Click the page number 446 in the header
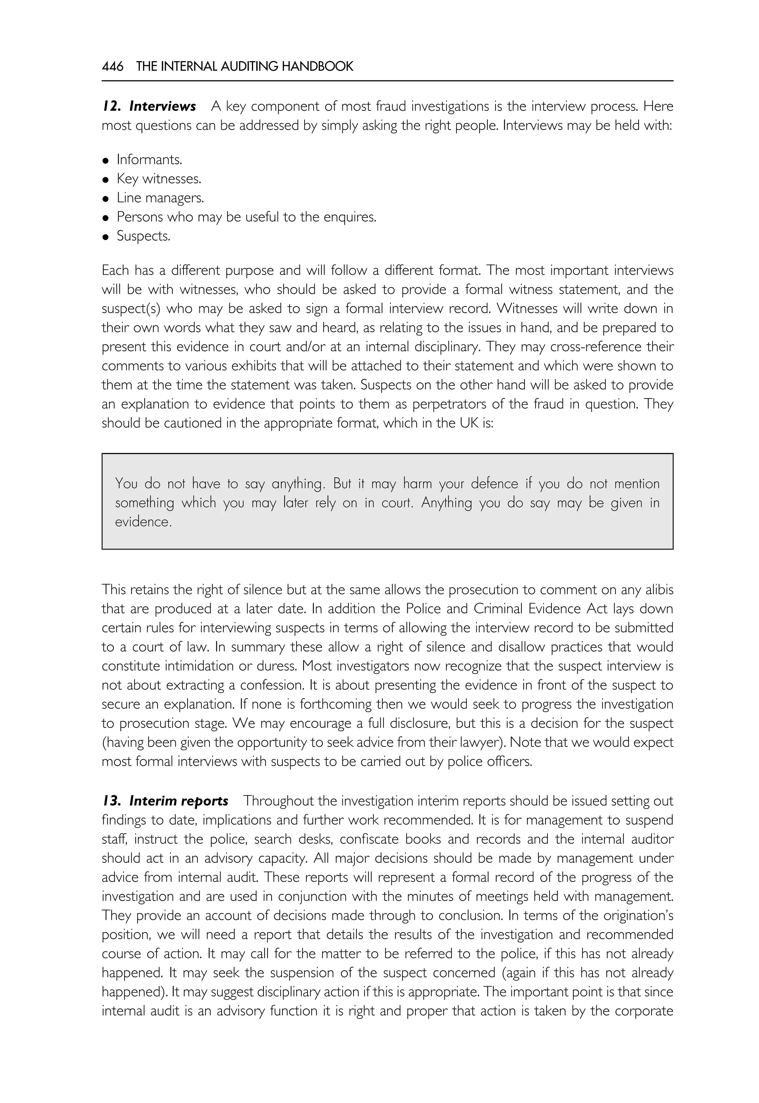click(x=112, y=67)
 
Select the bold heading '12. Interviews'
click(x=149, y=106)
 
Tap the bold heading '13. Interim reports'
click(x=165, y=801)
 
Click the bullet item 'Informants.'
click(x=149, y=160)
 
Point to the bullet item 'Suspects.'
click(x=143, y=236)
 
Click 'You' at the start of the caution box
click(x=126, y=484)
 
